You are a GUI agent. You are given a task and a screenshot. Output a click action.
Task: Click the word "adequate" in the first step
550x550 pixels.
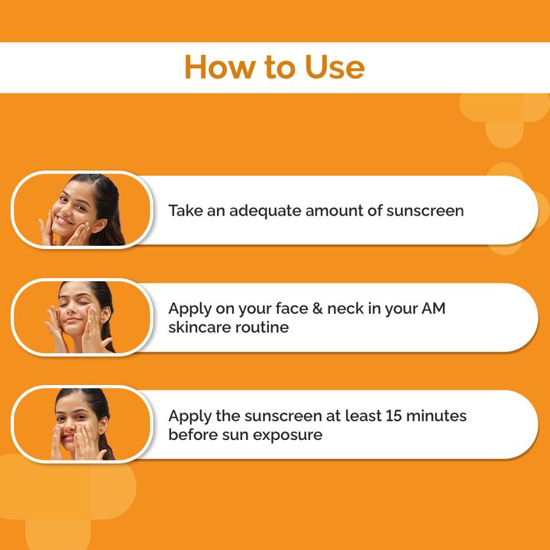pos(264,211)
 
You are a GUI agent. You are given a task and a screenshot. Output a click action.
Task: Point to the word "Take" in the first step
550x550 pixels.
pos(186,211)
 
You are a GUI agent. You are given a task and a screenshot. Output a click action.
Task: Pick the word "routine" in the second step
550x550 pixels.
pos(262,327)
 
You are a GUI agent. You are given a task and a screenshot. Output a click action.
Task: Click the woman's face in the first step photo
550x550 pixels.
pos(70,209)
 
